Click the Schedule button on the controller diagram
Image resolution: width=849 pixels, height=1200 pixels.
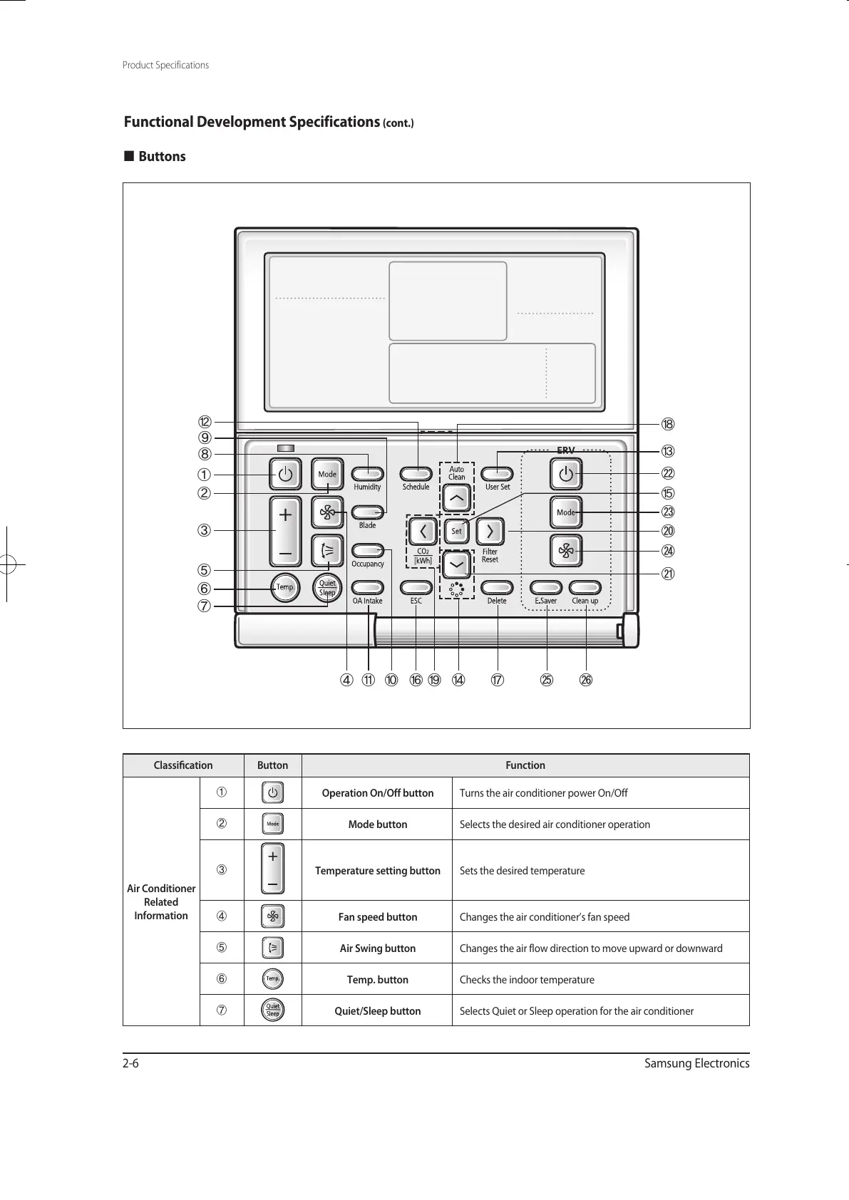[416, 474]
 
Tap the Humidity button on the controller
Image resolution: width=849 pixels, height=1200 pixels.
[368, 474]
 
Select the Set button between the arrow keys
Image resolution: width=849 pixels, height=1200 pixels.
[456, 531]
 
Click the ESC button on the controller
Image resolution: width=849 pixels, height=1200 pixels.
[416, 588]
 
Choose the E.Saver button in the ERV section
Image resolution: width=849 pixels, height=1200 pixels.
[546, 588]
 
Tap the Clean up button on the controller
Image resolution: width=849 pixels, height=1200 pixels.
[585, 588]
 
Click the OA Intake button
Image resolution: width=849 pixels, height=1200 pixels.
[368, 588]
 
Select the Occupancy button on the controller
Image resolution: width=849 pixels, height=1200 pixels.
[368, 550]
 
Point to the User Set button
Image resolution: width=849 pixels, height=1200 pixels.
[498, 474]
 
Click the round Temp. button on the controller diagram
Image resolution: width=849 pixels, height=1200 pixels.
[285, 587]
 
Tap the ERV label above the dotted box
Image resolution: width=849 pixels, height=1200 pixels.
[565, 450]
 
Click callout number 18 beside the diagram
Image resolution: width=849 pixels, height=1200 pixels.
[668, 425]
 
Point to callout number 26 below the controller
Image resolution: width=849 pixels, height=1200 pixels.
[585, 680]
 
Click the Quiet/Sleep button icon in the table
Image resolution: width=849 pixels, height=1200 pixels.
[273, 1010]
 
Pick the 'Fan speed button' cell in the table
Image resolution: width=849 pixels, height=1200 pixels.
[377, 917]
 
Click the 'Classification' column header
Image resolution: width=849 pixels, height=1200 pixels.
[183, 765]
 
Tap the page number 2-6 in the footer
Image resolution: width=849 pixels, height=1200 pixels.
[130, 1064]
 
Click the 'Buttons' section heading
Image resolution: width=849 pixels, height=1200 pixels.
[162, 157]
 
